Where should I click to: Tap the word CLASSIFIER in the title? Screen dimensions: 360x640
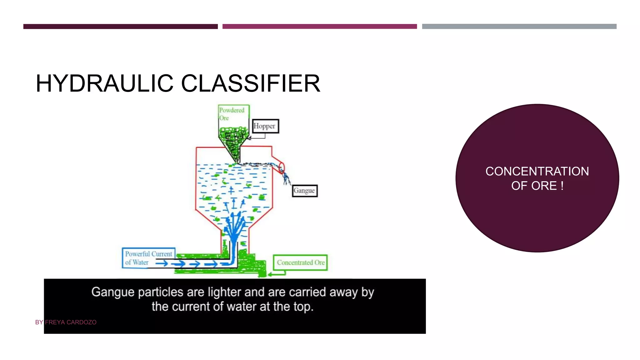point(251,83)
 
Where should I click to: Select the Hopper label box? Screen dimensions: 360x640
point(265,126)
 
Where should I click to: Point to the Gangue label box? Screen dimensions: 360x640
point(305,191)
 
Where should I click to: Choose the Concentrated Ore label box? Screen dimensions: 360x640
point(300,262)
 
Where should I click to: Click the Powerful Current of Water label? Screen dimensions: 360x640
point(148,258)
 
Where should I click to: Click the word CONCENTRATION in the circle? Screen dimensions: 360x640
point(537,171)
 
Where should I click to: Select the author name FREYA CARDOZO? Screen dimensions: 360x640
point(71,322)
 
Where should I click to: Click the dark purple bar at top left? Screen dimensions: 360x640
point(120,27)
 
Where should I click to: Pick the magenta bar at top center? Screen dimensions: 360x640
point(319,27)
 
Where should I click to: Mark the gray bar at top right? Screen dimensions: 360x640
point(519,27)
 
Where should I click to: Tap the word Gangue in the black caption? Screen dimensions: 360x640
point(113,292)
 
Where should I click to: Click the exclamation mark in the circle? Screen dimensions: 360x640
point(562,186)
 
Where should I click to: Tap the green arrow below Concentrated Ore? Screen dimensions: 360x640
point(277,274)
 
